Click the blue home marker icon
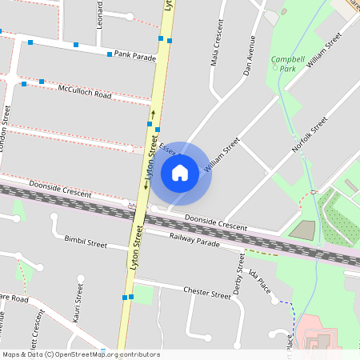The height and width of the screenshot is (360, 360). pyautogui.click(x=180, y=172)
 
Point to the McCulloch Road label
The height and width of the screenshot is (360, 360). pyautogui.click(x=84, y=93)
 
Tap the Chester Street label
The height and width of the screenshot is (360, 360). pyautogui.click(x=206, y=292)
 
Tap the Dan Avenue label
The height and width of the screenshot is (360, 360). pyautogui.click(x=250, y=55)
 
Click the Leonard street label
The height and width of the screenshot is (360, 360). pyautogui.click(x=100, y=16)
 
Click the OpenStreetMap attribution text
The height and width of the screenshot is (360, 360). pyautogui.click(x=80, y=354)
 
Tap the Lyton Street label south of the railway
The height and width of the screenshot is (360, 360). pyautogui.click(x=137, y=247)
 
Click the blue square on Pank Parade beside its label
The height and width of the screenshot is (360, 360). pyautogui.click(x=110, y=54)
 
